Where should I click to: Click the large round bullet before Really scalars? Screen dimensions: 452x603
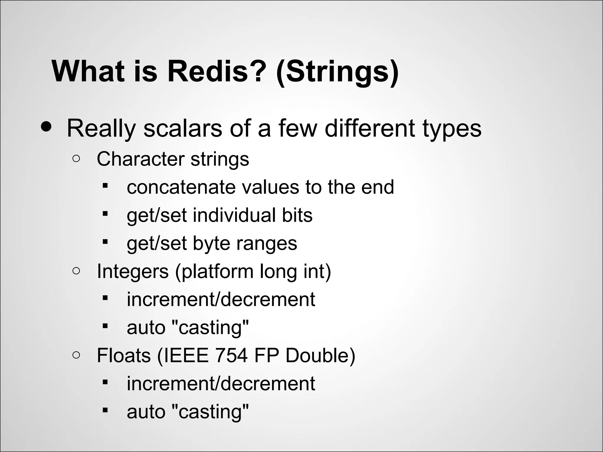(47, 127)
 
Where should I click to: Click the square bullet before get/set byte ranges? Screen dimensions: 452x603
(105, 242)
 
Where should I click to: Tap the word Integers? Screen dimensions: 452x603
(132, 271)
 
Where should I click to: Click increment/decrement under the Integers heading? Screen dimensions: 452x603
(221, 299)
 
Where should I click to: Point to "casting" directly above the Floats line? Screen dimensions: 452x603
(210, 327)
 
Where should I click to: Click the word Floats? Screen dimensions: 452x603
(124, 355)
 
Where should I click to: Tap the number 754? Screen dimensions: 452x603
(231, 355)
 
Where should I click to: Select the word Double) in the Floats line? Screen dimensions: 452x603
(320, 355)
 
